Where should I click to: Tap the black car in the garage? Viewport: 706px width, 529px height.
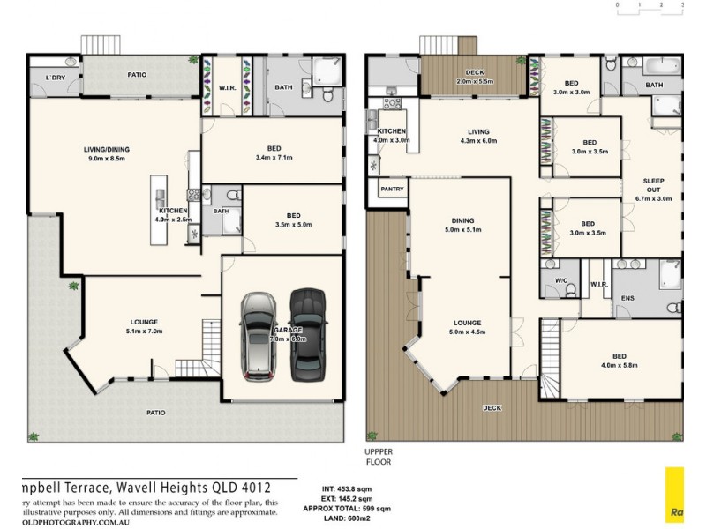pos(306,332)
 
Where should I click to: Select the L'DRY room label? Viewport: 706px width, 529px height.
pos(56,78)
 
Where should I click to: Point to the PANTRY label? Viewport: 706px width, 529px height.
pos(391,190)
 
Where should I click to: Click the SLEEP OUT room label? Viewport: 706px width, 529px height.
pos(653,190)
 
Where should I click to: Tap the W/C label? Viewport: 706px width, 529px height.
pos(561,283)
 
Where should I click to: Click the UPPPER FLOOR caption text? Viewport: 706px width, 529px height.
pos(379,456)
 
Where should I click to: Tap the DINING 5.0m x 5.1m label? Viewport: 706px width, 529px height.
pos(462,226)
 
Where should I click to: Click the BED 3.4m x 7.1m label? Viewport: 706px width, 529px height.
pos(273,153)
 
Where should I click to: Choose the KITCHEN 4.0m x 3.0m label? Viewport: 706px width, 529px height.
pos(392,136)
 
